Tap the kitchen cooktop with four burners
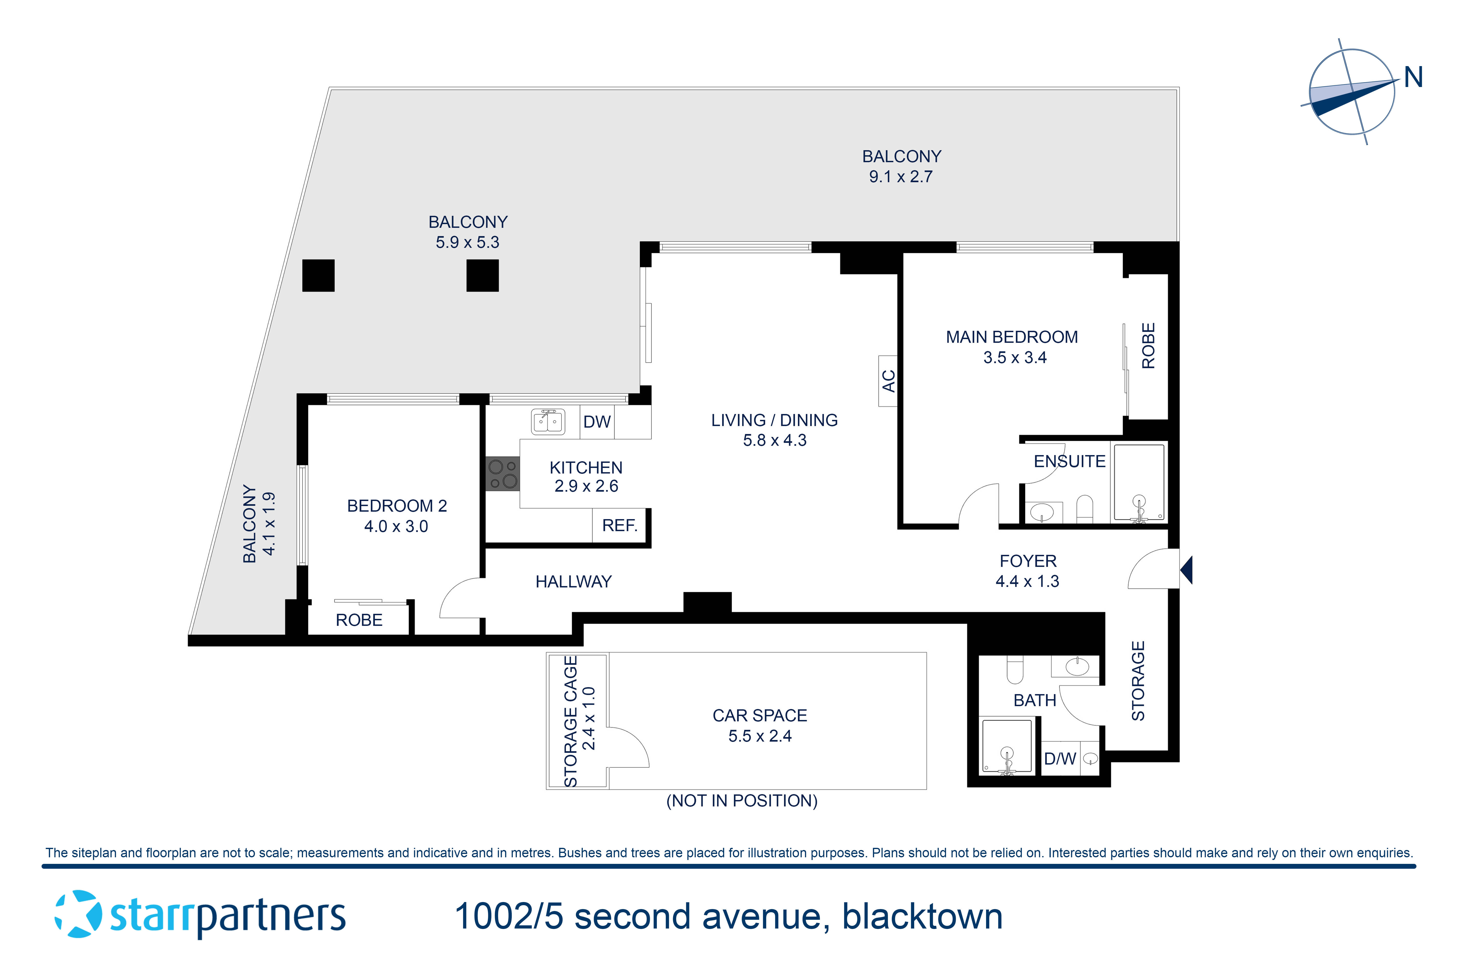click(502, 474)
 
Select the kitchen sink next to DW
click(548, 422)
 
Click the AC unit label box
click(888, 381)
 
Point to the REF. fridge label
click(619, 526)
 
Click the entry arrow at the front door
click(1186, 570)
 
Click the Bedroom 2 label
click(397, 506)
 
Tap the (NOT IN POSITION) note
click(741, 801)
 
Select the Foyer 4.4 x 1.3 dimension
click(1027, 581)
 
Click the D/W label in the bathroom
click(1059, 759)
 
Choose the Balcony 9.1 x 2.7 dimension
click(901, 177)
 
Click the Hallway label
click(573, 581)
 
